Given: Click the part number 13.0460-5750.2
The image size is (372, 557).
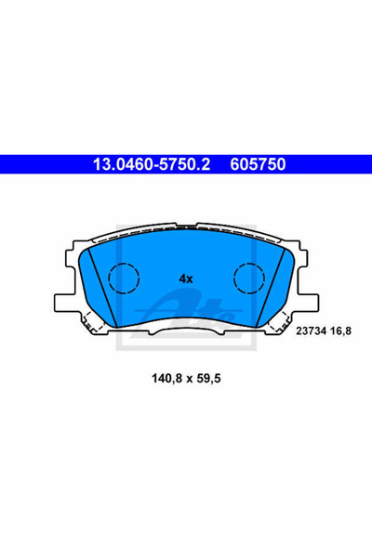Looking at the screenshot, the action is click(x=152, y=164).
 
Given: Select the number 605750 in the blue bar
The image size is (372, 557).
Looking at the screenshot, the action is click(x=258, y=164).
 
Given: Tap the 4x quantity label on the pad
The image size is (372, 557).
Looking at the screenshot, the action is click(x=186, y=278).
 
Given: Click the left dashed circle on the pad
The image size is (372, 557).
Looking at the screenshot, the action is click(x=124, y=278).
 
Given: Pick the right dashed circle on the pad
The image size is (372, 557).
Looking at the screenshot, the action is click(x=249, y=278).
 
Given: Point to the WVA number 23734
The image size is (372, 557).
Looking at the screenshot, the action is click(x=312, y=331).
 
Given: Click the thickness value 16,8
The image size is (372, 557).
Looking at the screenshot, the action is click(x=340, y=331).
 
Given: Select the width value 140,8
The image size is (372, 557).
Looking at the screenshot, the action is click(x=167, y=379).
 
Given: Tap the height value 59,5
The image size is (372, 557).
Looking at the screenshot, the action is click(x=208, y=379).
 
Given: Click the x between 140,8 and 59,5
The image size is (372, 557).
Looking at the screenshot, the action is click(x=190, y=379).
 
